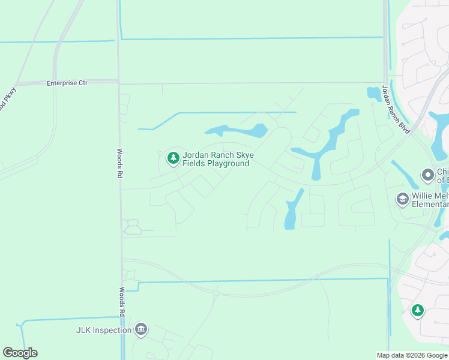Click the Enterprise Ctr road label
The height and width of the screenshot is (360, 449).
point(67,83)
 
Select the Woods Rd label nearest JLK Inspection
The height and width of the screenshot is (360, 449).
point(121,301)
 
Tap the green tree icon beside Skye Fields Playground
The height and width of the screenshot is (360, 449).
point(173,158)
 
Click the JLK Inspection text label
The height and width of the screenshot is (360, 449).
point(104,330)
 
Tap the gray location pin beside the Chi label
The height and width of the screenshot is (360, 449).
point(428,175)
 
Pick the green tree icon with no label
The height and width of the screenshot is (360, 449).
point(417,310)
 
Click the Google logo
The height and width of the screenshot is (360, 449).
point(20,353)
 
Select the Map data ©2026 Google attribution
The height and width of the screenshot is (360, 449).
point(412,355)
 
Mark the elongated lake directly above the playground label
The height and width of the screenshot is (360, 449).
point(237,131)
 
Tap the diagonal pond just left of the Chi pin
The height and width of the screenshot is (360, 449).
point(405,175)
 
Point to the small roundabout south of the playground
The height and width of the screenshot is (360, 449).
point(215,294)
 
